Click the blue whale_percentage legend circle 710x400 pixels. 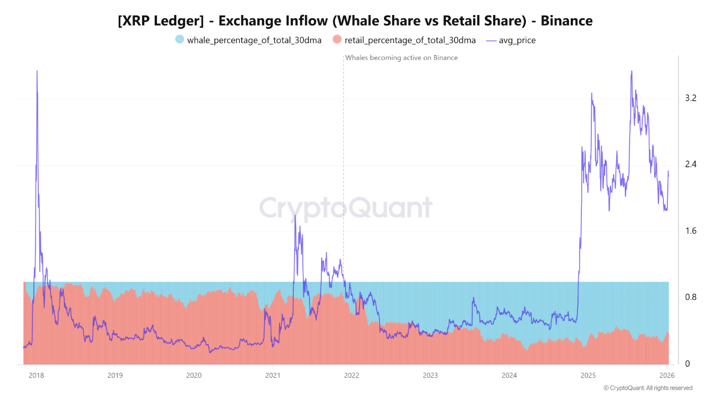179,40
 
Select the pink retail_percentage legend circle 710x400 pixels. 337,40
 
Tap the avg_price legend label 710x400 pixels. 517,40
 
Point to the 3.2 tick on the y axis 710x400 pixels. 691,98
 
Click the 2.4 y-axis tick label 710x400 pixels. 691,164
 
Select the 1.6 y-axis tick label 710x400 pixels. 691,231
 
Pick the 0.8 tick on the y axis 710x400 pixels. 691,297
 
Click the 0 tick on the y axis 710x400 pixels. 687,364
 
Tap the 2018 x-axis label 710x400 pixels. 36,375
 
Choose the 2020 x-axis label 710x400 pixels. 194,375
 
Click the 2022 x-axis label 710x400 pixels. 351,375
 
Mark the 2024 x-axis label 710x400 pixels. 509,375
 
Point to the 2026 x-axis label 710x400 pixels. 666,375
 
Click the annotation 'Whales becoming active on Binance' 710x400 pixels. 402,58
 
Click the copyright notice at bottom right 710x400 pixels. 647,388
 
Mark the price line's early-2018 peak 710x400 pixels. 37,71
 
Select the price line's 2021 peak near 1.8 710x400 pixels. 295,216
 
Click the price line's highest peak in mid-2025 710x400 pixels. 632,72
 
